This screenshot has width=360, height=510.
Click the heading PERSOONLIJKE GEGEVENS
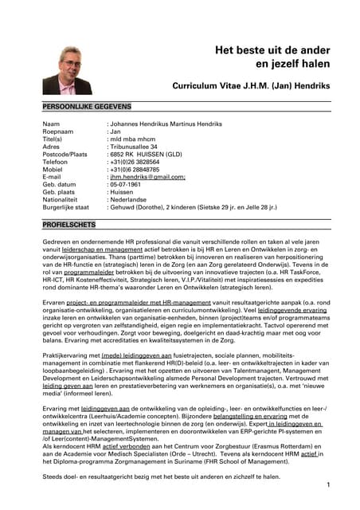point(88,106)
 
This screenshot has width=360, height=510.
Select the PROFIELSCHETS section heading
point(69,226)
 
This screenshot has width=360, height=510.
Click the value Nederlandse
point(132,199)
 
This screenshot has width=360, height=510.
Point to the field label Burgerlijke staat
point(66,206)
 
